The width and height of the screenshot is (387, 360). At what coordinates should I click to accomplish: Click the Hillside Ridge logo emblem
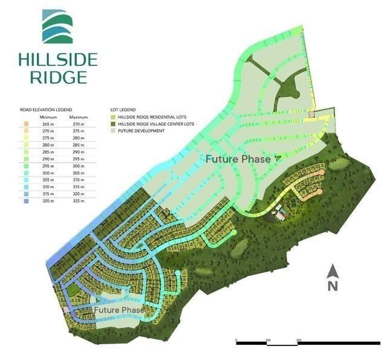[57, 27]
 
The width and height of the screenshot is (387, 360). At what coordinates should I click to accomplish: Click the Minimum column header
[48, 117]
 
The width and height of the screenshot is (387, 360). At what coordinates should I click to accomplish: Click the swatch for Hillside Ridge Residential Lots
[113, 116]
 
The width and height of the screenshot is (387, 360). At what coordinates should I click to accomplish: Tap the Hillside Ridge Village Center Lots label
[157, 123]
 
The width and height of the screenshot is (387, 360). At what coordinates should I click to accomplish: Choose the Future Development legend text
[141, 131]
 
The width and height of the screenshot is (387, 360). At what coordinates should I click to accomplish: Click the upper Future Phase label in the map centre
[238, 159]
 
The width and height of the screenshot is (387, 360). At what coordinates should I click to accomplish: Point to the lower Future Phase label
[119, 310]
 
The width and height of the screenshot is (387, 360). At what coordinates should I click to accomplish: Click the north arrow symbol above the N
[331, 270]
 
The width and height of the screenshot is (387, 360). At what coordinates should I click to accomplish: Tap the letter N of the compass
[331, 286]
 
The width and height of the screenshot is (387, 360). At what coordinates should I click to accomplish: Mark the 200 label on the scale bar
[299, 340]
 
